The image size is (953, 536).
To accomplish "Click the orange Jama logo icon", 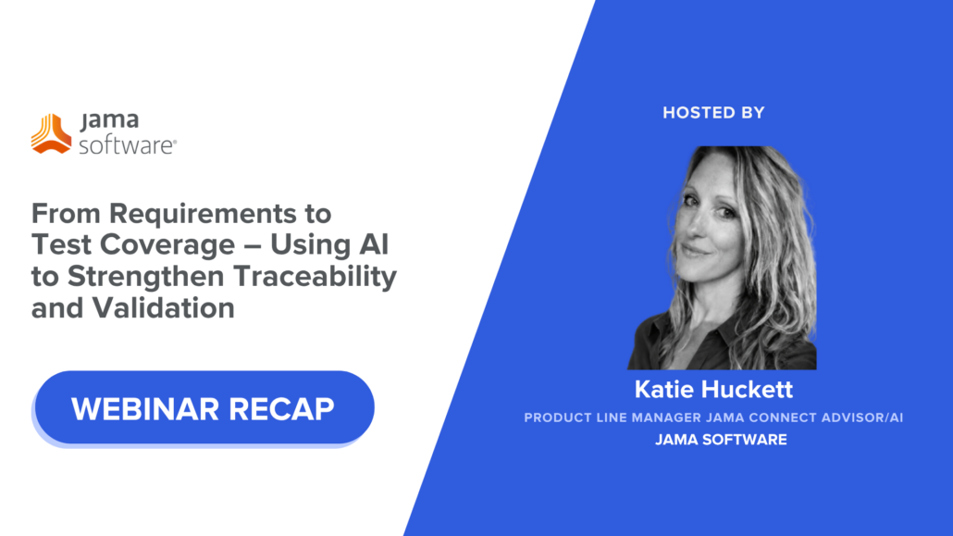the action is pos(51,133).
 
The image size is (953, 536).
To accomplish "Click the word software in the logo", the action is pos(127,145).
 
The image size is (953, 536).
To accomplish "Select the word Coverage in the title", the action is pos(167,244).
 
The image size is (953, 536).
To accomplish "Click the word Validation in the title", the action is pos(163,308).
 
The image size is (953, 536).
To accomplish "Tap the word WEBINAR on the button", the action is pos(144,409).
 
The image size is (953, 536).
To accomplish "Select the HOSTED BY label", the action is pos(713,113).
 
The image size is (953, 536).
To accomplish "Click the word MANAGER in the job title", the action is pos(666,418).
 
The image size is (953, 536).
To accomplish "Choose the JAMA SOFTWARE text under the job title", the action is pos(721,440).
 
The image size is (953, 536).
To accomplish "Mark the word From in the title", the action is pos(66,214).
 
